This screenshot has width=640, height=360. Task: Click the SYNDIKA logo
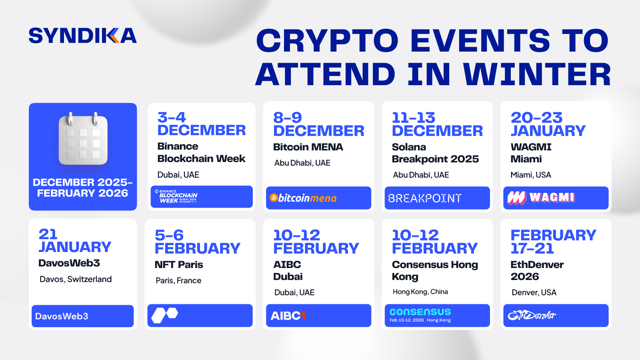82,36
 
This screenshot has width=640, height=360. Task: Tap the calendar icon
83,139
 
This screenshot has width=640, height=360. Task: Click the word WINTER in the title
537,74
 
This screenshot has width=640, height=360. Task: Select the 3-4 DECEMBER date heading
201,124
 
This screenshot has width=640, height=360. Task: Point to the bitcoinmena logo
303,198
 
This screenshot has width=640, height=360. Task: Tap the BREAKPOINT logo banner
425,198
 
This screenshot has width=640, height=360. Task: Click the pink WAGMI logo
541,198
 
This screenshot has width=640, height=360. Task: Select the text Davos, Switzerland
76,279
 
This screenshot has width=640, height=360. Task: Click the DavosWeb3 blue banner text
62,316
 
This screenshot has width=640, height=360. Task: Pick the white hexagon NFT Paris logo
164,315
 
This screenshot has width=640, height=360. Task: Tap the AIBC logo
288,316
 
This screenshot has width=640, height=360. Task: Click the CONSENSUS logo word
420,312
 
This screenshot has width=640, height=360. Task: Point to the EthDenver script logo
532,316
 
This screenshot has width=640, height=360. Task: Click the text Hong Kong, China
420,292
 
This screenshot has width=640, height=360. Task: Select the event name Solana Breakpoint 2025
435,153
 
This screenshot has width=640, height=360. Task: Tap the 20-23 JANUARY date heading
548,124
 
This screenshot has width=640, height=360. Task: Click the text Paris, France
178,281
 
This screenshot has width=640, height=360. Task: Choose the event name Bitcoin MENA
308,147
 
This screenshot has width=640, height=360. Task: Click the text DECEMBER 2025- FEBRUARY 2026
82,188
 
